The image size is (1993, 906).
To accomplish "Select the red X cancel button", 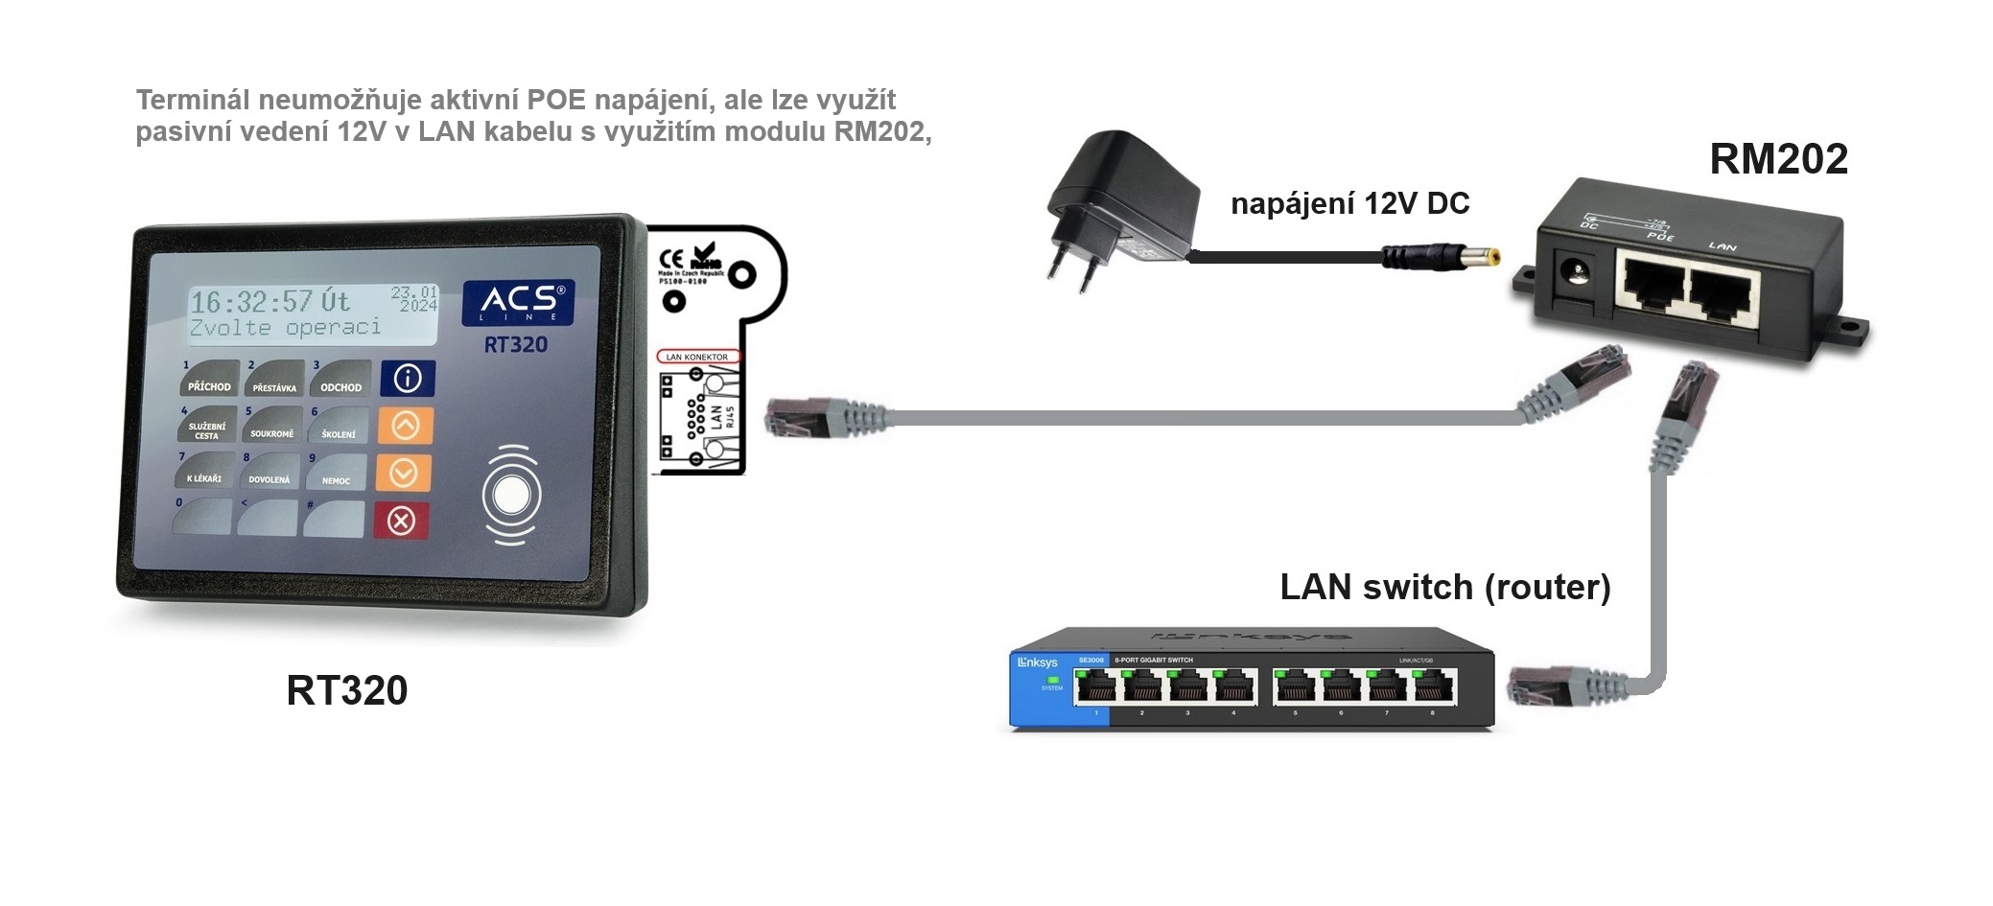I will pyautogui.click(x=402, y=521).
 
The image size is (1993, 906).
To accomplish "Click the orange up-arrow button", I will pyautogui.click(x=405, y=426).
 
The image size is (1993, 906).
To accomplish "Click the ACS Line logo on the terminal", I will pyautogui.click(x=518, y=302).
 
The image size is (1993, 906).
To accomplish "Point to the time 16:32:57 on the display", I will pyautogui.click(x=252, y=303).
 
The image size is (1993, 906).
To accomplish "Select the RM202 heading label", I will pyautogui.click(x=1778, y=159).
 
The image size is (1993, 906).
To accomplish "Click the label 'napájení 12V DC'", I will pyautogui.click(x=1349, y=204).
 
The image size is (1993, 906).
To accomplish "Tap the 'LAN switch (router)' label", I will pyautogui.click(x=1444, y=587).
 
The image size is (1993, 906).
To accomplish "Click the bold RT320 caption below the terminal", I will pyautogui.click(x=346, y=690).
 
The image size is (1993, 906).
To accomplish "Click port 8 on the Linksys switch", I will pyautogui.click(x=1433, y=686).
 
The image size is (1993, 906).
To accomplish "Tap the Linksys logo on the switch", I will pyautogui.click(x=1038, y=662).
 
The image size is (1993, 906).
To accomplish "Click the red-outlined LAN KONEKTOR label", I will pyautogui.click(x=697, y=357).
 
